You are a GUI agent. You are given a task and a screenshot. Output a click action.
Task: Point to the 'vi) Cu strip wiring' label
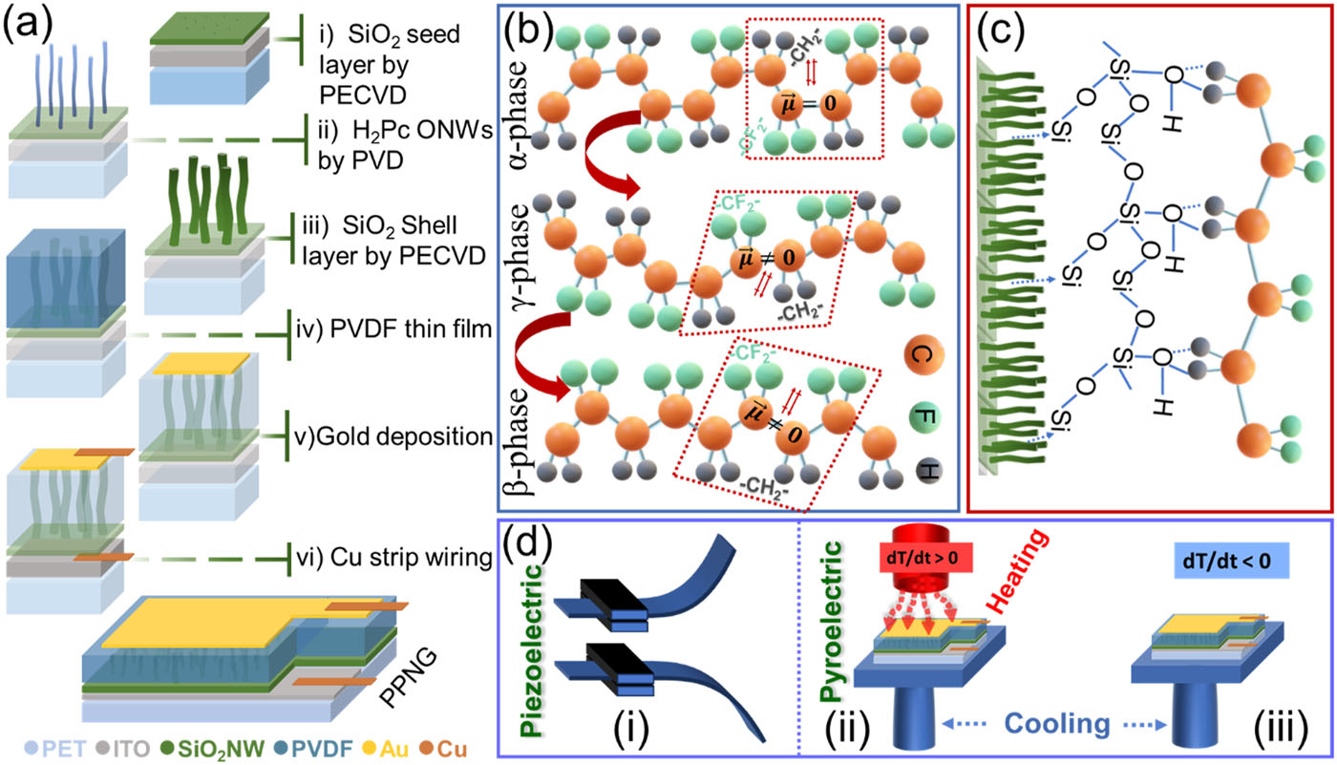click(x=393, y=554)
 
